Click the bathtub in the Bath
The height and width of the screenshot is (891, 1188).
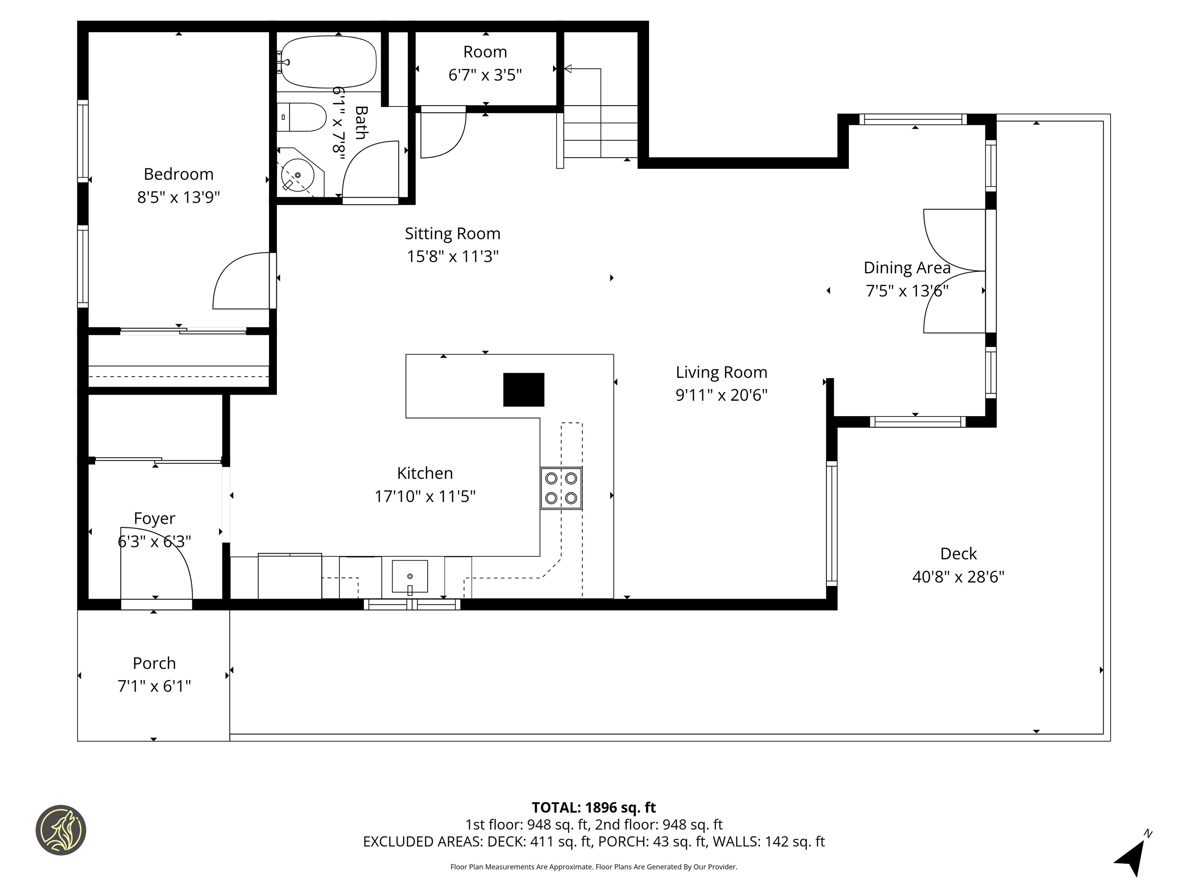[329, 62]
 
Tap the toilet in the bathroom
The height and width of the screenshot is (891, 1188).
[304, 117]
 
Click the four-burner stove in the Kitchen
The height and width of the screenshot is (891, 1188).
[561, 488]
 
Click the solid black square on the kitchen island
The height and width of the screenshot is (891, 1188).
[523, 389]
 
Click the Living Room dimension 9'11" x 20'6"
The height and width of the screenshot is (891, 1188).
[721, 395]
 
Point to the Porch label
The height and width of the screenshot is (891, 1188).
[154, 663]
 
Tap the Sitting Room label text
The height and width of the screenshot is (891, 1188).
[452, 234]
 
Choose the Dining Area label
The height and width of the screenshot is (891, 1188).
[906, 268]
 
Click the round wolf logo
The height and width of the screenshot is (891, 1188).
[61, 830]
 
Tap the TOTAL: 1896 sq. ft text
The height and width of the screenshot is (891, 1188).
[594, 807]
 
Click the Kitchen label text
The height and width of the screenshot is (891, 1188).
[425, 473]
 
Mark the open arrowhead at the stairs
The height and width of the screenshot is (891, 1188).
[568, 69]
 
